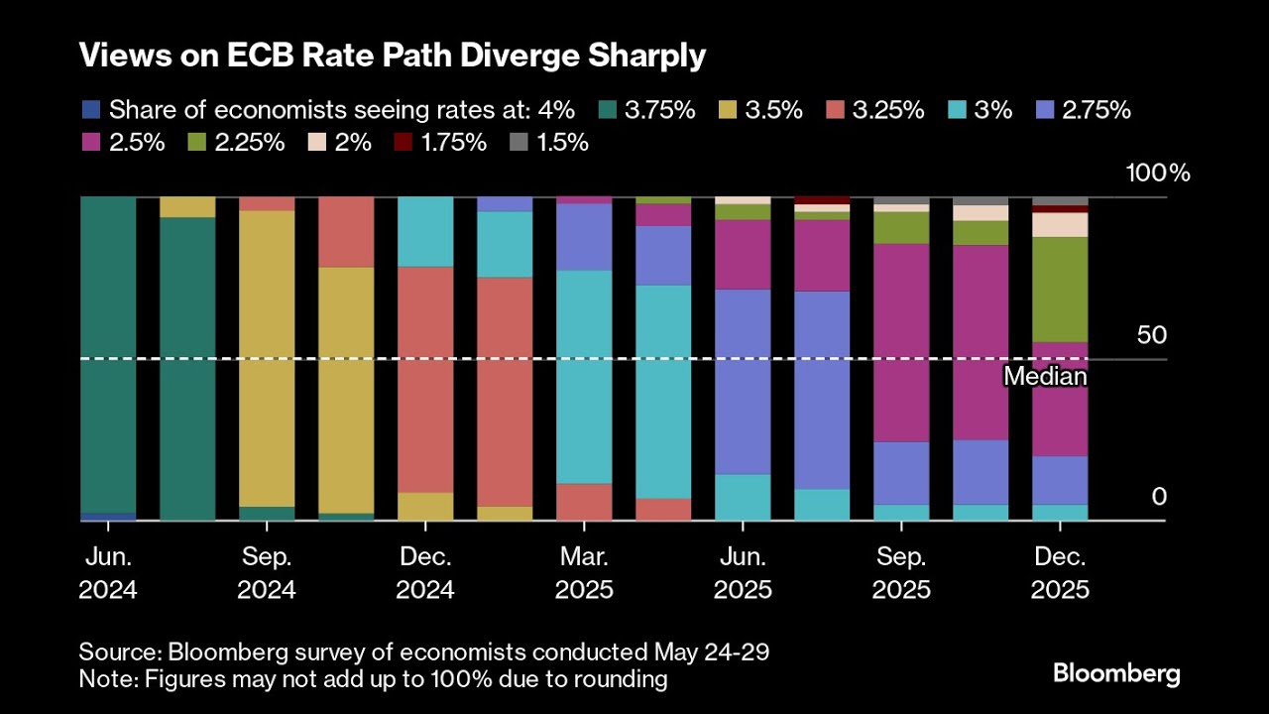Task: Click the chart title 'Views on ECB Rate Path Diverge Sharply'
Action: pos(393,57)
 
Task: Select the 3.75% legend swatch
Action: pos(611,110)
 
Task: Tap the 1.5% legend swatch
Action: pos(518,142)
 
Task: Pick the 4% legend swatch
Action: pos(91,110)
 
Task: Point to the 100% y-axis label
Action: pos(1157,173)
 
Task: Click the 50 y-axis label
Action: pos(1151,335)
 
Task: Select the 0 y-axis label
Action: pos(1159,497)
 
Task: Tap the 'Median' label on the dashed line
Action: pos(1045,377)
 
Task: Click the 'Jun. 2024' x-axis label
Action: pos(108,573)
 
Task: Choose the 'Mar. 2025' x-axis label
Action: pos(584,573)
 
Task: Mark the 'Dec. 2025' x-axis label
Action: pos(1060,573)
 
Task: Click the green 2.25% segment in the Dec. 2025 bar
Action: pos(1060,290)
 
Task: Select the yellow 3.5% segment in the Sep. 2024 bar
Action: pos(267,357)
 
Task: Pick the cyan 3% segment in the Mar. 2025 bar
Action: pos(584,377)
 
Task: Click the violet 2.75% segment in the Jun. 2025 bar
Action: pos(743,382)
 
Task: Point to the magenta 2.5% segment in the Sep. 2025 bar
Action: pos(901,342)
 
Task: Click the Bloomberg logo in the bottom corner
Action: pos(1116,674)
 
